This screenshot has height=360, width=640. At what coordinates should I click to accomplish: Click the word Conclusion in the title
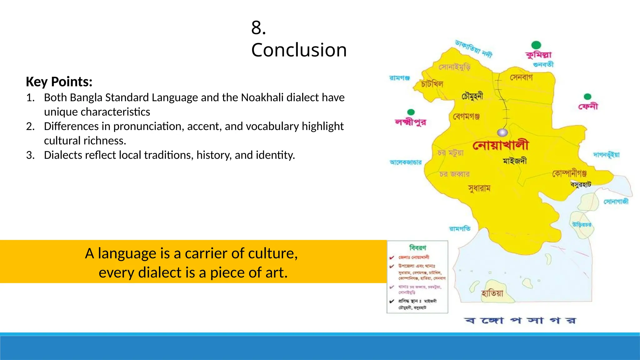[x=299, y=50]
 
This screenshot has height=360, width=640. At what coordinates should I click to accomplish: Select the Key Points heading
[x=59, y=82]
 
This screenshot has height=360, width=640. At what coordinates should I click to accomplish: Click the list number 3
[x=30, y=155]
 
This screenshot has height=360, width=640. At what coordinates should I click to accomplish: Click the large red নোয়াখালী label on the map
[x=501, y=145]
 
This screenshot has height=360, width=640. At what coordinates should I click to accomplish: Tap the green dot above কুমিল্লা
[x=536, y=45]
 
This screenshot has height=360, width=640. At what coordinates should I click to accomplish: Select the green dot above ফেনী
[x=587, y=97]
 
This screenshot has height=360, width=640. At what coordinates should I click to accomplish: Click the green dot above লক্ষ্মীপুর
[x=411, y=112]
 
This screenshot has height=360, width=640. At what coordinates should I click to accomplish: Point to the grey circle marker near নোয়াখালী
[x=502, y=132]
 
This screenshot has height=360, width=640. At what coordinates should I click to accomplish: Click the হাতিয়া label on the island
[x=492, y=293]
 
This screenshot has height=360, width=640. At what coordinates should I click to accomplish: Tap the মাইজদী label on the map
[x=515, y=161]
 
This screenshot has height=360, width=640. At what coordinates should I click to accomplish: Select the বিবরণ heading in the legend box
[x=417, y=248]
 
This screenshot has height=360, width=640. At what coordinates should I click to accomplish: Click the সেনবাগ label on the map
[x=521, y=77]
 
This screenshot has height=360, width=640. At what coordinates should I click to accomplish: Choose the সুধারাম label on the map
[x=479, y=188]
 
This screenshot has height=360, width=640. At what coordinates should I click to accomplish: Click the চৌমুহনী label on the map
[x=472, y=96]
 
